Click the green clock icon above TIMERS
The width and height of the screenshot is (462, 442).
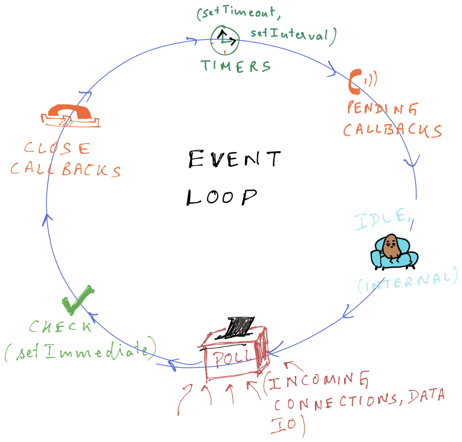[225, 40]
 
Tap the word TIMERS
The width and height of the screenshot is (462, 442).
[236, 66]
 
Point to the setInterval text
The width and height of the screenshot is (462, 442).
[290, 34]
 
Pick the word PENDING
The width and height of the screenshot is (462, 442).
[382, 108]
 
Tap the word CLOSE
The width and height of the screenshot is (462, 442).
[57, 148]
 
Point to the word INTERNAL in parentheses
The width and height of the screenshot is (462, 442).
[408, 282]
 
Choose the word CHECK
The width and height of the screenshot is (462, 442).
[60, 327]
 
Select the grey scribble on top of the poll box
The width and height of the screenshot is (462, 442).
[242, 324]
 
